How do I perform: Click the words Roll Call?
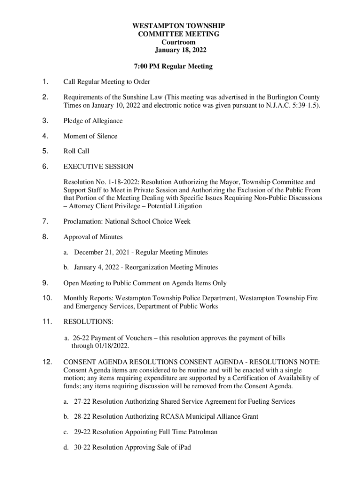(76, 151)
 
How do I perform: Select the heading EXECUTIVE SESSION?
(98, 167)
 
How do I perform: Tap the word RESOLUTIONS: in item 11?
(88, 322)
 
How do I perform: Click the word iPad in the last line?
(184, 448)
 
